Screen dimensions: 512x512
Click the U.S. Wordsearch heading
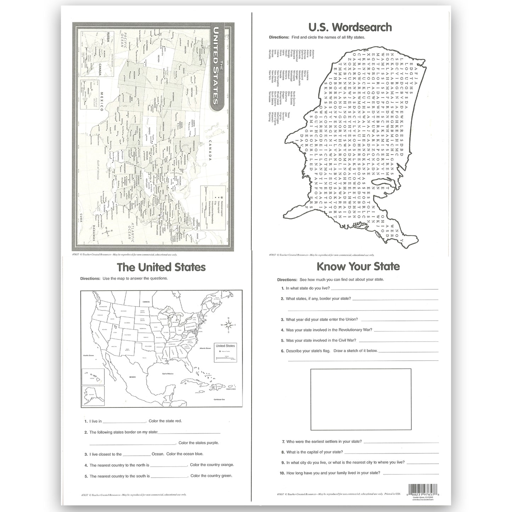click(x=350, y=27)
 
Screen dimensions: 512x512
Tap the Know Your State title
click(x=358, y=266)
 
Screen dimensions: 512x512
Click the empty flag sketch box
click(x=361, y=399)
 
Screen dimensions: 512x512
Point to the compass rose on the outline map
click(x=229, y=325)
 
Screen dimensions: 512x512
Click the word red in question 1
click(x=178, y=421)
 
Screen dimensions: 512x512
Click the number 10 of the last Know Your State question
click(x=283, y=473)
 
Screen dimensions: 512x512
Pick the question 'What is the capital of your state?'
click(x=314, y=452)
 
